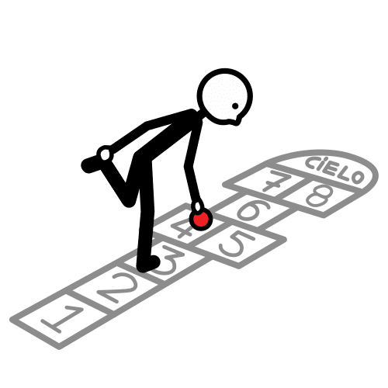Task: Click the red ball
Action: [201, 220]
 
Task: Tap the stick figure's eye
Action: [235, 106]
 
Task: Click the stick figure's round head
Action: [224, 97]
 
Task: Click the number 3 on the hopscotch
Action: [168, 260]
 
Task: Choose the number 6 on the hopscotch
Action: [255, 210]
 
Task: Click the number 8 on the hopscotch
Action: [319, 195]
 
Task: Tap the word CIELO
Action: [334, 170]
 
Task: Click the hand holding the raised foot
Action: [106, 154]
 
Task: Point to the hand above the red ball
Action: [199, 206]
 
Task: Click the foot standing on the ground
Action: [148, 264]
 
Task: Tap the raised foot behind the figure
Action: [91, 164]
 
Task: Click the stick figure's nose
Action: [239, 120]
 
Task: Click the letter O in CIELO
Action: [358, 178]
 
